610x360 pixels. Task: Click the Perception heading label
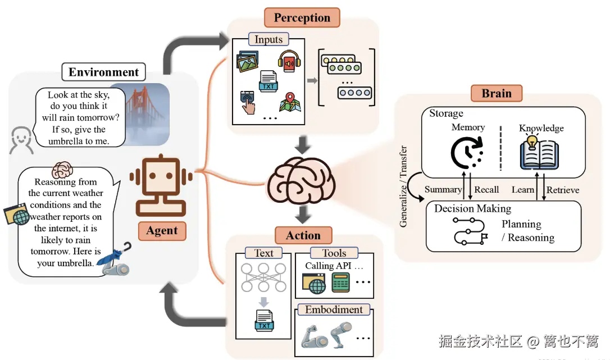[302, 17]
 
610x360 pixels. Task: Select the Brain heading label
[497, 93]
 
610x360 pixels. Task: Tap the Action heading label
[303, 235]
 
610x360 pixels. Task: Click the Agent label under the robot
[162, 231]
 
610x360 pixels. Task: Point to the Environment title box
[103, 72]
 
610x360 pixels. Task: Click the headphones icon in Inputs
[289, 61]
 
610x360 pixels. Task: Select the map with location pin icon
[290, 102]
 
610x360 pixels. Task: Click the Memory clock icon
[466, 153]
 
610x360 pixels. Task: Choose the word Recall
[486, 189]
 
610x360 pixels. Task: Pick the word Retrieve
[563, 190]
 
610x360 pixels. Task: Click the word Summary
[443, 189]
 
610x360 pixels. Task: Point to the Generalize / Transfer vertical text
[403, 186]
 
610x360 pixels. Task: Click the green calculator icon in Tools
[341, 282]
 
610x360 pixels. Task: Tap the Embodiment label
[334, 309]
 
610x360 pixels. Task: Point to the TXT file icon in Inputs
[268, 81]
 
